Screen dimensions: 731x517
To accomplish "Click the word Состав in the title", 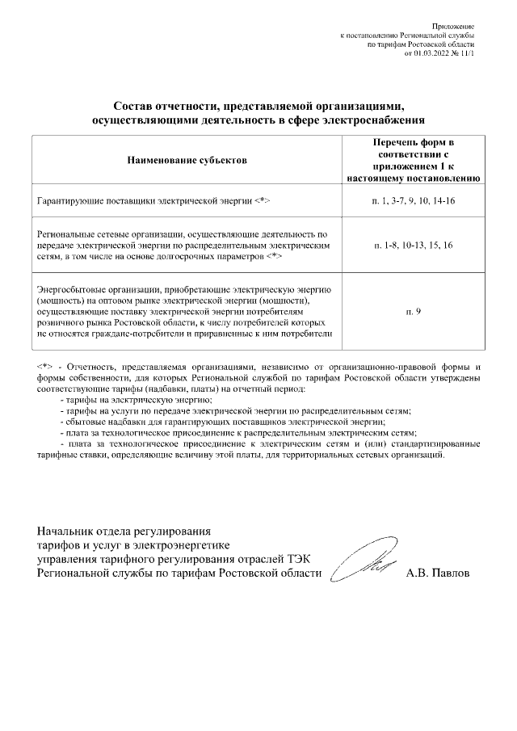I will tap(132, 107).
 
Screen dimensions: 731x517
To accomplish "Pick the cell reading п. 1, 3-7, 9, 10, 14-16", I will tap(414, 200).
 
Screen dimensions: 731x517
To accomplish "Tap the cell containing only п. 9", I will tap(414, 310).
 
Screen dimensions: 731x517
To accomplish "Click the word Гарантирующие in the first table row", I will tap(70, 200).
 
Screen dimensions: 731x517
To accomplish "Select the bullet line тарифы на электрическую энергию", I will tap(137, 400).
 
